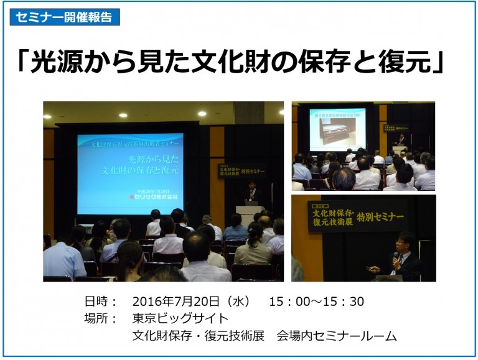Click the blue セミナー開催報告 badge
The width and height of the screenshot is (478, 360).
[x=65, y=17]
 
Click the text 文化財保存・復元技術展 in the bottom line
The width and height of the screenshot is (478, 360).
[x=199, y=336]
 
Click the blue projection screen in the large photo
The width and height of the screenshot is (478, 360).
[x=130, y=174]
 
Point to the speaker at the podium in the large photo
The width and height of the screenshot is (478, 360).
[x=251, y=193]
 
